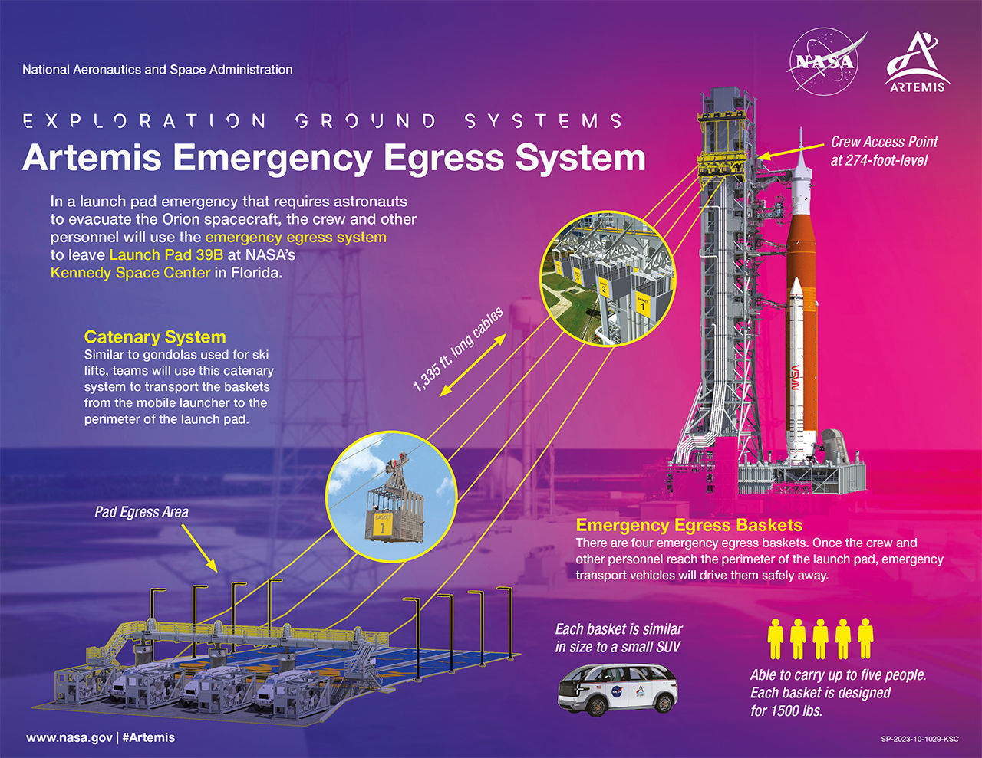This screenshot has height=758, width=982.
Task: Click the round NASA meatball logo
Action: [x=823, y=62]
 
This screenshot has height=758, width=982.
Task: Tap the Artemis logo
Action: [x=917, y=62]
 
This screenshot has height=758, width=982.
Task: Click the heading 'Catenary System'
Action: [x=155, y=336]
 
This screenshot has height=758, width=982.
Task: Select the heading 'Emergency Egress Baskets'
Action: [x=689, y=525]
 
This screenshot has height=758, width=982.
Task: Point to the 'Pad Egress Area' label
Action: [x=141, y=512]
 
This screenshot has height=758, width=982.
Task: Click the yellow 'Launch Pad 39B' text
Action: [x=166, y=254]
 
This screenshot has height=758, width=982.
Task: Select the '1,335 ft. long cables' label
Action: [x=458, y=349]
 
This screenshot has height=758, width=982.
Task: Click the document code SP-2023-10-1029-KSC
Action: [x=920, y=739]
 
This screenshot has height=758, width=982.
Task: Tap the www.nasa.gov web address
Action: [x=69, y=737]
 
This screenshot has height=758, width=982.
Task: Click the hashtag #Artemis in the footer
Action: [x=148, y=737]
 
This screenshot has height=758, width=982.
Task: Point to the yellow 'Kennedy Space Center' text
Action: [x=130, y=273]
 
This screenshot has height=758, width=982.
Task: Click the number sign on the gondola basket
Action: [x=382, y=528]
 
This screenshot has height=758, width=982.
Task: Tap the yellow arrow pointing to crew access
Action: [x=791, y=151]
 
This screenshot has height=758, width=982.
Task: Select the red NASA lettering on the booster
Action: [x=795, y=377]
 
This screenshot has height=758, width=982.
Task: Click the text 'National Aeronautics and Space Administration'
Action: [x=157, y=70]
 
